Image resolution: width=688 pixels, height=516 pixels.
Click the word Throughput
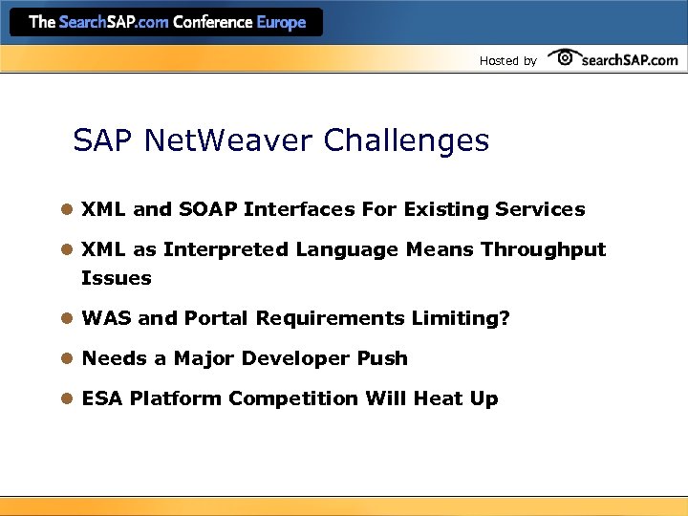click(543, 249)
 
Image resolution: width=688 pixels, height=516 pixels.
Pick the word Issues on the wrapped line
click(117, 278)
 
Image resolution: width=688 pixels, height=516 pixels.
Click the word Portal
click(216, 318)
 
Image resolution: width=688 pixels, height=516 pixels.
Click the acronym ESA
click(101, 398)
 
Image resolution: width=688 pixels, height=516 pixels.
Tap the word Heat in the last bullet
click(438, 398)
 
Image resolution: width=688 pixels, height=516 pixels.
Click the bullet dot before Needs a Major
click(66, 358)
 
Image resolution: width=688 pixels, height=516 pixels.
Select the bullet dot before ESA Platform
click(66, 398)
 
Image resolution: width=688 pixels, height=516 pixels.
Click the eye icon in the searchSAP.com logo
click(565, 57)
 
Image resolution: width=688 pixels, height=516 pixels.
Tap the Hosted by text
click(507, 61)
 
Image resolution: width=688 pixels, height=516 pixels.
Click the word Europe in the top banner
click(281, 22)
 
